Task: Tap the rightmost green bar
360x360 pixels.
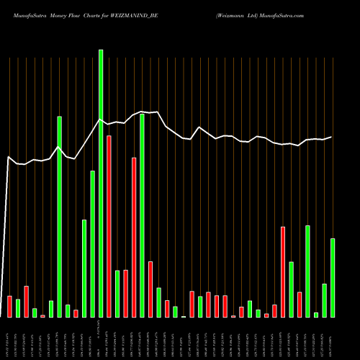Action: pyautogui.click(x=332, y=278)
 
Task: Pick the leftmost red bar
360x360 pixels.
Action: pyautogui.click(x=9, y=307)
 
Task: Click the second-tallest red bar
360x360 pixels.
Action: pyautogui.click(x=134, y=237)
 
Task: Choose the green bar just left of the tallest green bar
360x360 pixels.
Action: pyautogui.click(x=92, y=244)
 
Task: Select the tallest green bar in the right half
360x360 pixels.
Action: pyautogui.click(x=307, y=271)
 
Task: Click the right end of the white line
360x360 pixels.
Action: pyautogui.click(x=332, y=137)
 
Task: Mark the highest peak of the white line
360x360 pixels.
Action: pyautogui.click(x=142, y=111)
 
